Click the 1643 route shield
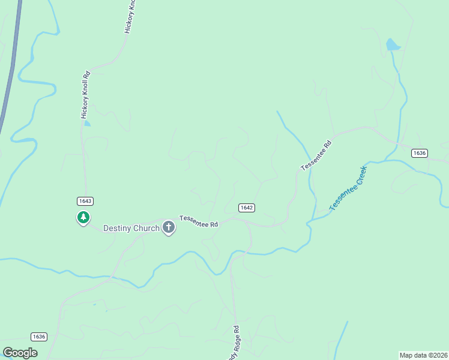coord(85,200)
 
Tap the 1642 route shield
coord(246,208)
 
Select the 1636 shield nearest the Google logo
coord(38,337)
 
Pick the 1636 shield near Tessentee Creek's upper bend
coord(420,153)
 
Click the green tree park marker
coord(83,217)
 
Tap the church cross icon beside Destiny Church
coord(169,227)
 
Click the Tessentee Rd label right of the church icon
coord(198,221)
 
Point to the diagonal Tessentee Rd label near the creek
coord(316,155)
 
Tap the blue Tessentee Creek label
coord(348,188)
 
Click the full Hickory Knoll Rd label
coord(85,95)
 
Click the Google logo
coord(20,352)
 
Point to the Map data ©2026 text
coord(424,355)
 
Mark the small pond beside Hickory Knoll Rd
coord(88,124)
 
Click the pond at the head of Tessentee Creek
coord(393,44)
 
